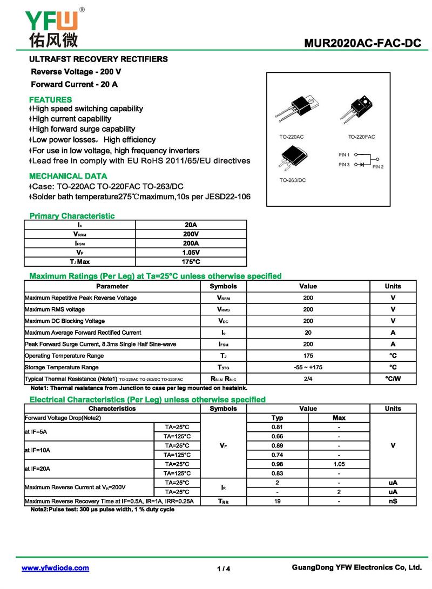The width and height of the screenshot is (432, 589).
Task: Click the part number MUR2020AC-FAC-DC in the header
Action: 362,43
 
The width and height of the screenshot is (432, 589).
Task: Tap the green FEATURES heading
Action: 50,99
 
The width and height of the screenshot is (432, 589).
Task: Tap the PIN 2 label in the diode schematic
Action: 377,167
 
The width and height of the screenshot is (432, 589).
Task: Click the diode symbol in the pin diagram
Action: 363,164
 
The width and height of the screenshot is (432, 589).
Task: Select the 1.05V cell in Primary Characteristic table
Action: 191,252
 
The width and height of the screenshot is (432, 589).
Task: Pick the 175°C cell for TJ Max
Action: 191,261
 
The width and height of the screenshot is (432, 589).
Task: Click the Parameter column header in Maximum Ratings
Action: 112,286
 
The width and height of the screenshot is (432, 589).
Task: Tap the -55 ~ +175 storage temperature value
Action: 308,367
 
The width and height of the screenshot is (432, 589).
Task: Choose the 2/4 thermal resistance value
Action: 308,379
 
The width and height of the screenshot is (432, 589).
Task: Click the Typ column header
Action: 277,418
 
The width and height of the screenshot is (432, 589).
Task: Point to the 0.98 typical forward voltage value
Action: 277,464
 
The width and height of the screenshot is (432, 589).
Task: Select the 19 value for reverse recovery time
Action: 277,501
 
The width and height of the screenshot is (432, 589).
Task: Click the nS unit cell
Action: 393,501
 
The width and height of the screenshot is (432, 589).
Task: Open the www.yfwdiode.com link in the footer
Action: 55,568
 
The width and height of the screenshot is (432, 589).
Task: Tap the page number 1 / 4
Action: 224,568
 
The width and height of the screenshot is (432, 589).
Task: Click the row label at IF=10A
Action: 38,450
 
